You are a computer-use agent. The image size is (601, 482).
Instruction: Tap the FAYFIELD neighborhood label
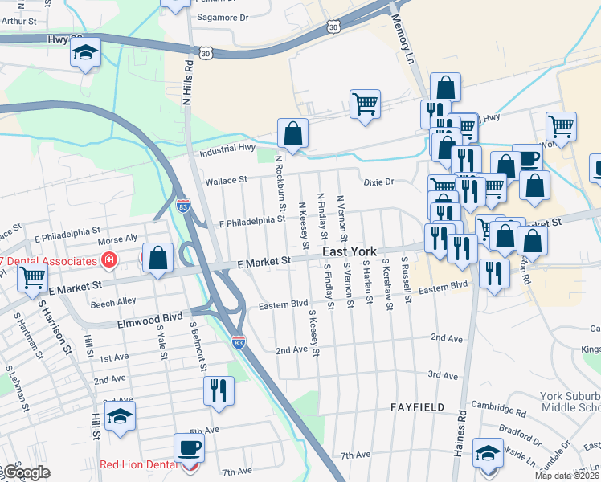pos(418,407)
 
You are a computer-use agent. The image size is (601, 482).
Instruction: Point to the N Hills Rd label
pos(188,81)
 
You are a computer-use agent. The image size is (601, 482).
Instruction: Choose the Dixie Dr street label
pos(378,182)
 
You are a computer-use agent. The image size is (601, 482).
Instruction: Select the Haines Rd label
pos(460,434)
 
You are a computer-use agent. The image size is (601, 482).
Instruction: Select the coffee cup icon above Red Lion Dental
pos(190,447)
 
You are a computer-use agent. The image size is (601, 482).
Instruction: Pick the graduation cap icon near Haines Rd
pos(487,452)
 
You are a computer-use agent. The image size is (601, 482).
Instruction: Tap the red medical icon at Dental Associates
pos(108,260)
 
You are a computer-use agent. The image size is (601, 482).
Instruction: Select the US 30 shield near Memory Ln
pos(333,27)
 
